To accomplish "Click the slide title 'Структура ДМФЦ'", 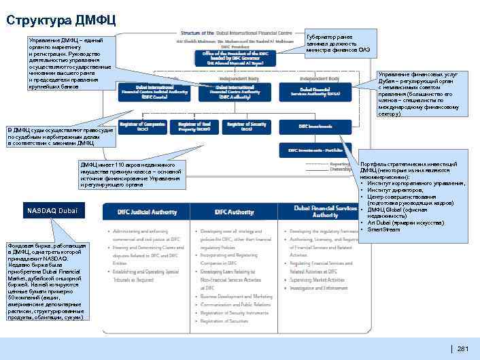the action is pyautogui.click(x=61, y=18).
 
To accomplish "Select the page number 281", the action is pyautogui.click(x=464, y=349).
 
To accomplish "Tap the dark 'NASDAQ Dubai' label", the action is pyautogui.click(x=53, y=211).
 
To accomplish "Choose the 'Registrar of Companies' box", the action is pyautogui.click(x=142, y=127).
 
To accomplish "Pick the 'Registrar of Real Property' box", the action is pyautogui.click(x=194, y=127).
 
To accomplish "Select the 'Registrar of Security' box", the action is pyautogui.click(x=245, y=127).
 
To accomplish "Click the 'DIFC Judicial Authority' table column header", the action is pyautogui.click(x=141, y=212).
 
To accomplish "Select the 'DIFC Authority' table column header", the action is pyautogui.click(x=235, y=212).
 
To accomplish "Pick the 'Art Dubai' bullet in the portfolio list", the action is pyautogui.click(x=393, y=223).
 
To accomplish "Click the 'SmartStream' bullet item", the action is pyautogui.click(x=383, y=229).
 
